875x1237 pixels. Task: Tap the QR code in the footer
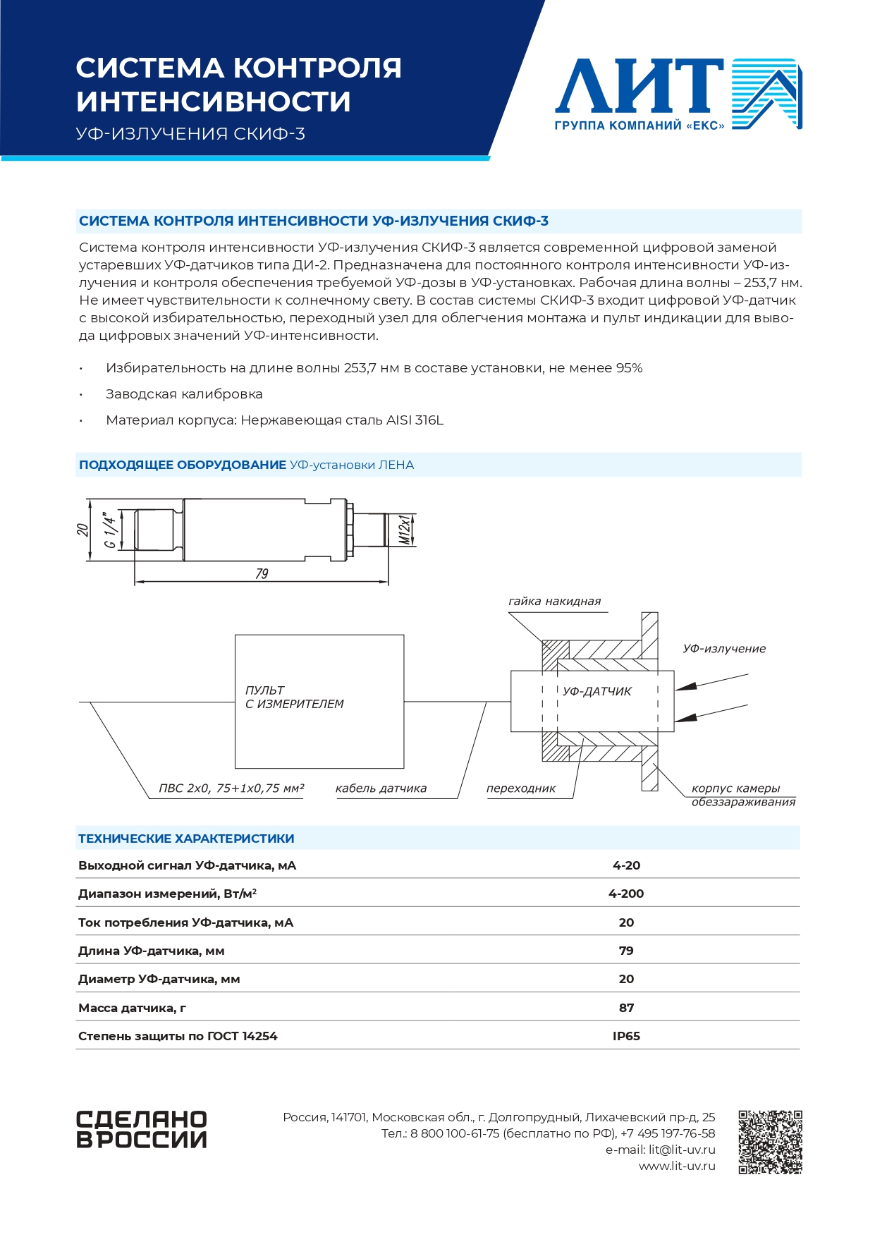tap(770, 1142)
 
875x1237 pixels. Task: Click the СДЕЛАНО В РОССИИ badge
tap(141, 1129)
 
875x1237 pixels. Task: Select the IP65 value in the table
tap(626, 1036)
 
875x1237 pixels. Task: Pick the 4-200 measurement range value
tap(626, 894)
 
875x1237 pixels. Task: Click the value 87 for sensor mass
tap(626, 1008)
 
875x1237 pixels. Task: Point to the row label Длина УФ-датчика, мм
tap(151, 951)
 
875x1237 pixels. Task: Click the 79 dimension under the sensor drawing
tap(262, 574)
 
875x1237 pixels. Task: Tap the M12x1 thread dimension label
tap(405, 530)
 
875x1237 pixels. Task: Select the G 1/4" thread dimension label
tap(110, 530)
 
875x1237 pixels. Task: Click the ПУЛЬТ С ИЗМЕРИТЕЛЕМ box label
tap(294, 697)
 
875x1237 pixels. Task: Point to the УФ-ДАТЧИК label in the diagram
tap(597, 692)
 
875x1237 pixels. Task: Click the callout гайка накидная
tap(554, 602)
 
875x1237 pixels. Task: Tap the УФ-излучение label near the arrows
tap(723, 649)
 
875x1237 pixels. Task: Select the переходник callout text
tap(520, 788)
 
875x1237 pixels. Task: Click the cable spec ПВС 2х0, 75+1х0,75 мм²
tap(231, 788)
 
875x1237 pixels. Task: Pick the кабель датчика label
tap(381, 788)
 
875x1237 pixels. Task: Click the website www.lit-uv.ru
tap(677, 1166)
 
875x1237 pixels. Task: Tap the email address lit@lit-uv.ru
tap(681, 1150)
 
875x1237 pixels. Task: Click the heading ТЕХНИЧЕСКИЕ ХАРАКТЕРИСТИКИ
tap(186, 839)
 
